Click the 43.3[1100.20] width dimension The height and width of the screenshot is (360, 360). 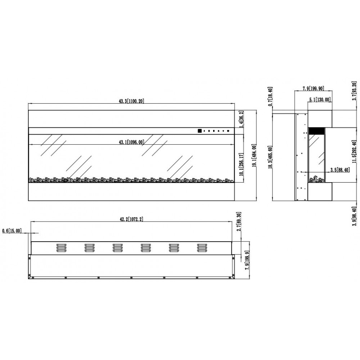[x=131, y=101]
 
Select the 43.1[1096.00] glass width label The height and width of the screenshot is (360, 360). [x=131, y=142]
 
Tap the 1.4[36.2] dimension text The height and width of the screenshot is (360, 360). [x=241, y=119]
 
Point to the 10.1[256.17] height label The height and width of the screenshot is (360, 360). [x=241, y=165]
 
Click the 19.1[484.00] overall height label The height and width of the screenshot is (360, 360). [x=254, y=156]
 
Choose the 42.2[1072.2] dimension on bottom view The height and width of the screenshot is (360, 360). [x=131, y=219]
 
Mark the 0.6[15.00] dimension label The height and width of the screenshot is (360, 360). [x=12, y=230]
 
